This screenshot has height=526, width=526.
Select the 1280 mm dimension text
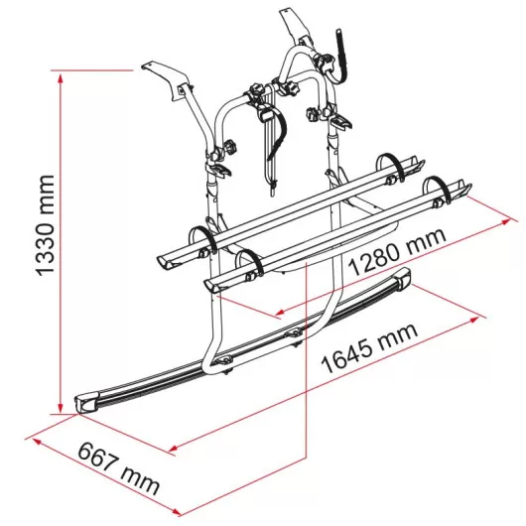pos(397,250)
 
